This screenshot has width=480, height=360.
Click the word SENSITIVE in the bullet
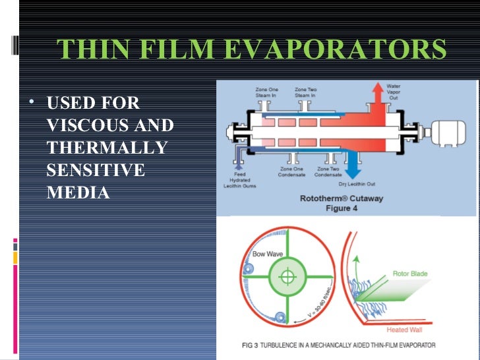(96, 170)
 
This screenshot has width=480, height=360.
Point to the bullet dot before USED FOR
(32, 104)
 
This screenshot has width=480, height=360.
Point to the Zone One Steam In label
(267, 92)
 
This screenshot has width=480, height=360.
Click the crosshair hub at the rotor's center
(287, 276)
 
